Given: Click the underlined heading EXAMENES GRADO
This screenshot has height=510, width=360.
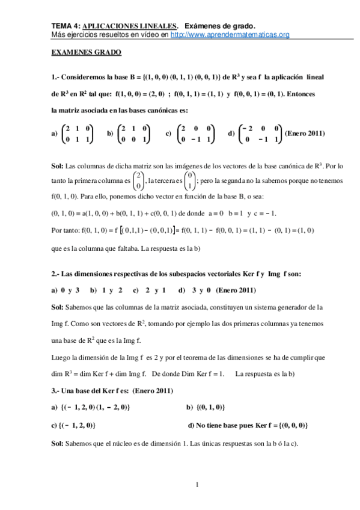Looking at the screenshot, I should (86, 53).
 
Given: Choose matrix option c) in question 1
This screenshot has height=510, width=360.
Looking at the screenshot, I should (189, 134).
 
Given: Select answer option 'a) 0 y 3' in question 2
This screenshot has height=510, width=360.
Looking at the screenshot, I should (66, 290).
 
